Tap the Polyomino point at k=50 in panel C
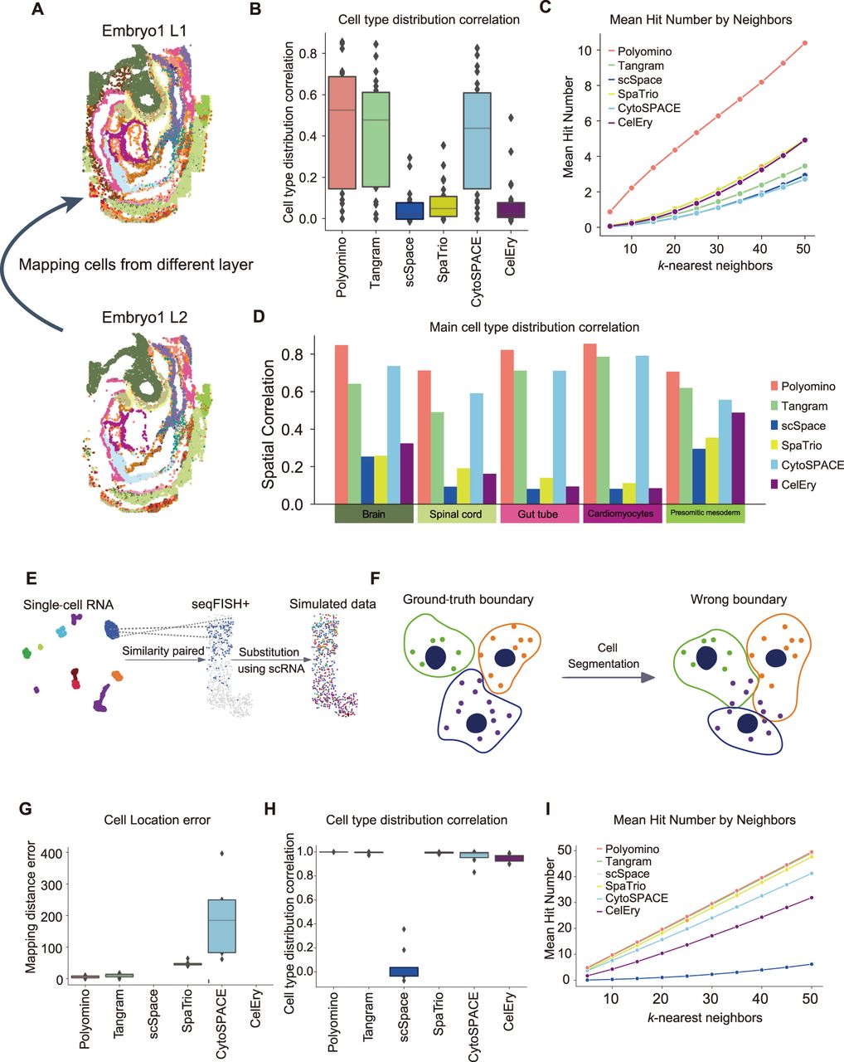point(804,43)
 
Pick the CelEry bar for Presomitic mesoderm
point(738,457)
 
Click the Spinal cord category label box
point(455,514)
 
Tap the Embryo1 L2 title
point(145,318)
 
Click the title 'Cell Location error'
point(157,820)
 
